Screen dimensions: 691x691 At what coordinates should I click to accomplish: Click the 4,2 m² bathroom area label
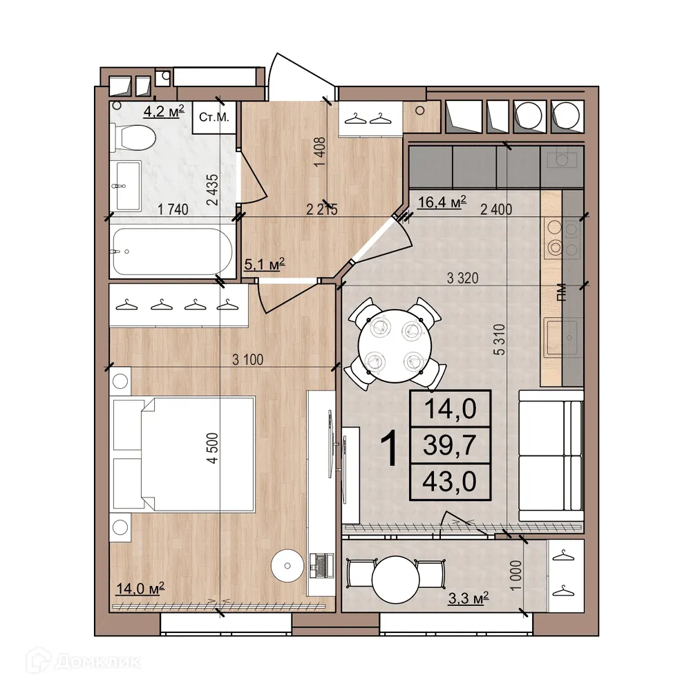(x=163, y=111)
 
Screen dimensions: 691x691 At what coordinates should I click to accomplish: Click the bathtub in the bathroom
(x=172, y=252)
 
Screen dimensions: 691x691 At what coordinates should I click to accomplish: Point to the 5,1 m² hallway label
(x=265, y=263)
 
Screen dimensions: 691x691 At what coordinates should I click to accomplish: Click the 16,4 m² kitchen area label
(x=442, y=202)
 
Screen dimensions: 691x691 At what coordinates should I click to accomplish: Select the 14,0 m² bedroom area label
(x=139, y=588)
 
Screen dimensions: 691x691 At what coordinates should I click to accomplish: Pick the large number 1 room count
(x=390, y=448)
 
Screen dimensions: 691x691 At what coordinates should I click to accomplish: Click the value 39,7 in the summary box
(x=450, y=445)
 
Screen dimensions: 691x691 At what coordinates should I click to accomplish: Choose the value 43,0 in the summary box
(x=450, y=481)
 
